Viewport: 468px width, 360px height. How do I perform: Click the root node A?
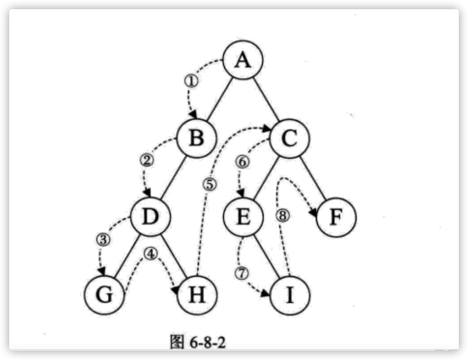[244, 60]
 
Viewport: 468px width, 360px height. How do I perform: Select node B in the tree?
[197, 137]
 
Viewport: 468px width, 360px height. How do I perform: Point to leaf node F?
[336, 217]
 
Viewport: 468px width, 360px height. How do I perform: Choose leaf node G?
[104, 296]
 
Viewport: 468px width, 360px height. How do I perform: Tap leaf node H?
[197, 296]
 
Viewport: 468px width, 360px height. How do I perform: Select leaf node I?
[290, 296]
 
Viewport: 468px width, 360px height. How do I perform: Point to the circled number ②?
[146, 160]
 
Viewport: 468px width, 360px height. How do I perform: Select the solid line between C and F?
[313, 177]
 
